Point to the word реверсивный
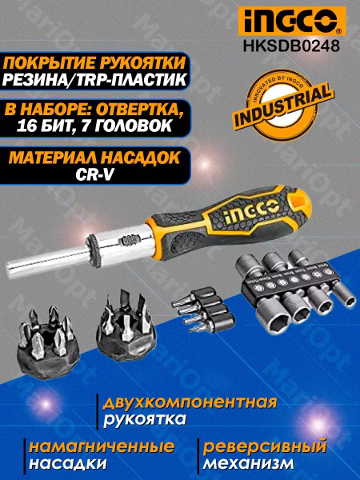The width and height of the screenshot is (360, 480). (x=264, y=446)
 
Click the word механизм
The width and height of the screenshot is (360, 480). (x=248, y=463)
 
